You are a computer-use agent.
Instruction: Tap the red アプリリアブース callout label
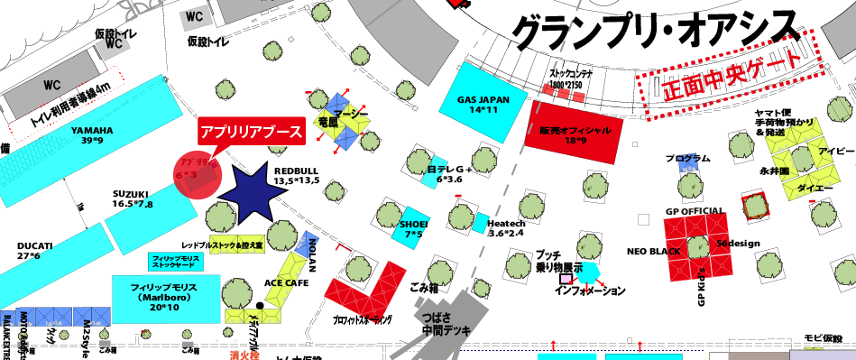pyautogui.click(x=251, y=132)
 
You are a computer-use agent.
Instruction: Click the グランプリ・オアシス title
pyautogui.click(x=655, y=32)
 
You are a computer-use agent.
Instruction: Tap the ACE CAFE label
pyautogui.click(x=286, y=282)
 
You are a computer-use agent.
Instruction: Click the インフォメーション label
pyautogui.click(x=590, y=291)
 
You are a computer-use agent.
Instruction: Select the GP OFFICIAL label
pyautogui.click(x=695, y=211)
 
